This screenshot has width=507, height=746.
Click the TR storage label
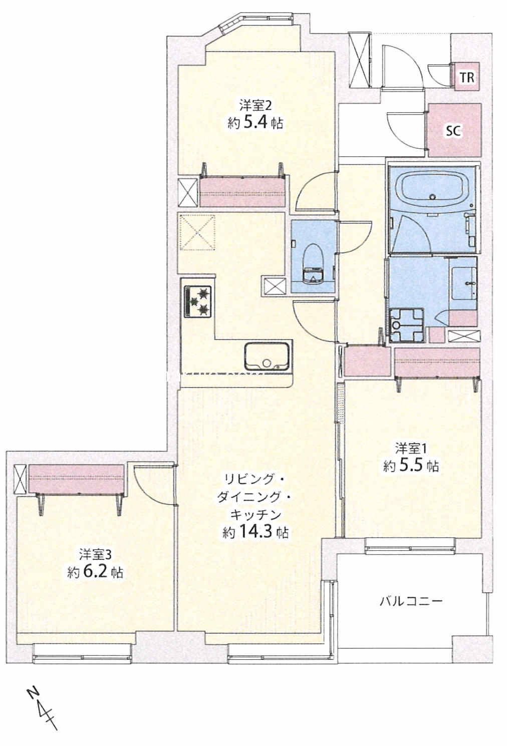tap(467, 78)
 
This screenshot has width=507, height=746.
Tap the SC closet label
tap(454, 131)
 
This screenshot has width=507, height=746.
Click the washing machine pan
tap(406, 325)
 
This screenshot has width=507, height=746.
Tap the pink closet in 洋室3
tap(77, 479)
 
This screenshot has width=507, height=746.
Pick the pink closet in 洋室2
tap(242, 191)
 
